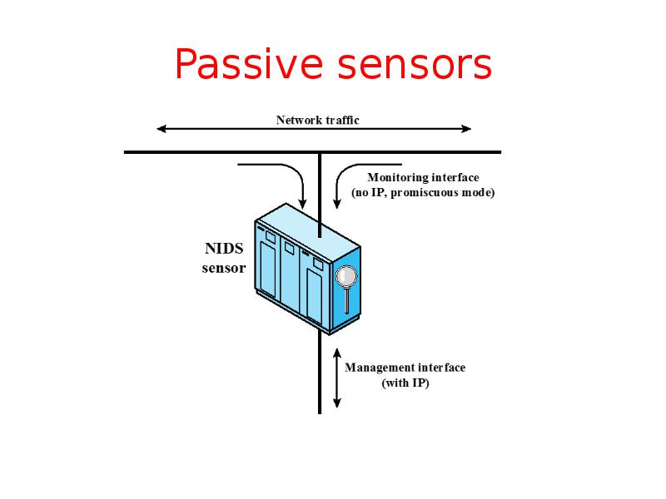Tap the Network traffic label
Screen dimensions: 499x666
[x=317, y=120]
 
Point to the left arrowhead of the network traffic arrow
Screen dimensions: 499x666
[x=161, y=129]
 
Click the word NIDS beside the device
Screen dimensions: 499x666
[x=224, y=249]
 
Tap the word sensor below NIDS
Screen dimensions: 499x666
[x=224, y=268]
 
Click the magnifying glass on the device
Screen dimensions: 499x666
[x=345, y=277]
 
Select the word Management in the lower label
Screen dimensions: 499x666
[x=380, y=368]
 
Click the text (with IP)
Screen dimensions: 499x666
[x=405, y=384]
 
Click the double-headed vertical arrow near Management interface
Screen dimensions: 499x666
[x=337, y=378]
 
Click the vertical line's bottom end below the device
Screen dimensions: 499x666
[x=320, y=410]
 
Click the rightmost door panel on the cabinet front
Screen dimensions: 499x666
[x=314, y=291]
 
